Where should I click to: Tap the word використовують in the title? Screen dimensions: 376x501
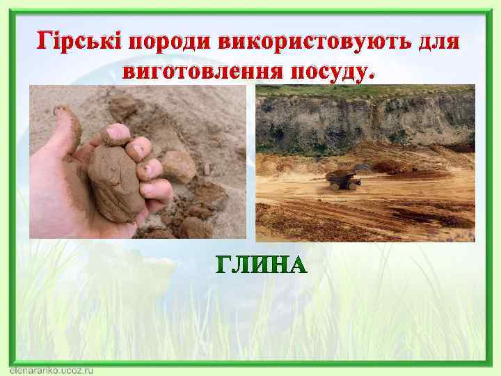[304, 42]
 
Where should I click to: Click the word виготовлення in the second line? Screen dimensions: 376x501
[202, 70]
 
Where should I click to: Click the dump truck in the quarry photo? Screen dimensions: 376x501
[343, 179]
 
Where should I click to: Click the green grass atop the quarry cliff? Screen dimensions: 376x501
[362, 89]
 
